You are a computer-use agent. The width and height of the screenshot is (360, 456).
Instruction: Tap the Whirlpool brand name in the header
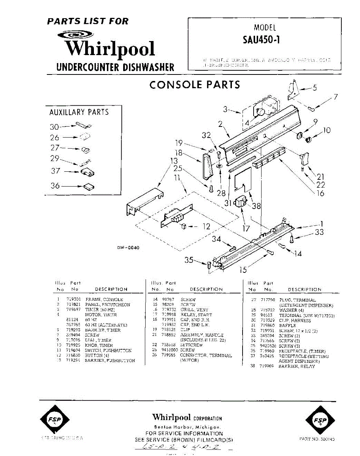click(x=110, y=49)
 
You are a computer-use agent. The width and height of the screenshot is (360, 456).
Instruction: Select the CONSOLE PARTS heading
click(x=195, y=84)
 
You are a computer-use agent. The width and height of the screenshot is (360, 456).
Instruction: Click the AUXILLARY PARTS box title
click(x=79, y=112)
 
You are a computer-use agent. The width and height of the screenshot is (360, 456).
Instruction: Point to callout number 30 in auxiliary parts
click(x=54, y=127)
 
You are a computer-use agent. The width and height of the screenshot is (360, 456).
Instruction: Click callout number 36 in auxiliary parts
click(x=56, y=186)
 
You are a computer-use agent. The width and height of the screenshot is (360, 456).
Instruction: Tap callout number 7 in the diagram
click(x=335, y=97)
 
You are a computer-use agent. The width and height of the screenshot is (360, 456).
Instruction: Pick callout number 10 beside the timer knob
click(x=327, y=131)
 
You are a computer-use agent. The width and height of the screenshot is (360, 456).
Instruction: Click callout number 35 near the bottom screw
click(x=189, y=260)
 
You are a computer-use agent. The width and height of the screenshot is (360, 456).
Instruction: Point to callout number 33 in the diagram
click(x=319, y=233)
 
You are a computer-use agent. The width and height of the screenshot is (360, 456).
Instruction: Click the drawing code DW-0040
click(x=128, y=248)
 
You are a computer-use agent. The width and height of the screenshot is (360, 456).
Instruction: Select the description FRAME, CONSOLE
click(x=104, y=299)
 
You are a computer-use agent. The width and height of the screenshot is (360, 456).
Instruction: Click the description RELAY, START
click(x=196, y=315)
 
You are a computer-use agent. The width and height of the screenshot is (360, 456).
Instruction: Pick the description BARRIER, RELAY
click(x=297, y=366)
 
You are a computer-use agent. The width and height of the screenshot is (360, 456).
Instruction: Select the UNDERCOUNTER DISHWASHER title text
click(x=115, y=67)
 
